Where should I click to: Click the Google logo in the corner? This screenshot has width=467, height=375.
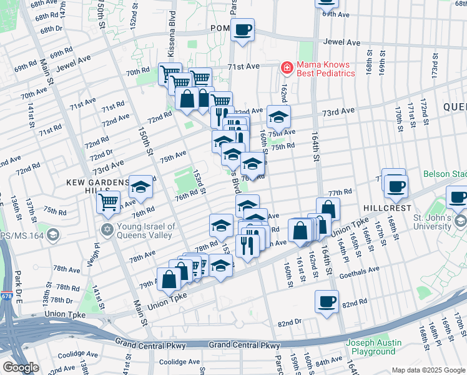tap(21, 367)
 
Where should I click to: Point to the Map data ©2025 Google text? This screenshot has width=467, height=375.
tap(428, 370)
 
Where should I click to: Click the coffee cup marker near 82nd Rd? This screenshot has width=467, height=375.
tap(327, 302)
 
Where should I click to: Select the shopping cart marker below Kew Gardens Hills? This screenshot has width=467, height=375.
tap(109, 202)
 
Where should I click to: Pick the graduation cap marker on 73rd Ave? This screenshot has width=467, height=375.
tap(278, 116)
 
